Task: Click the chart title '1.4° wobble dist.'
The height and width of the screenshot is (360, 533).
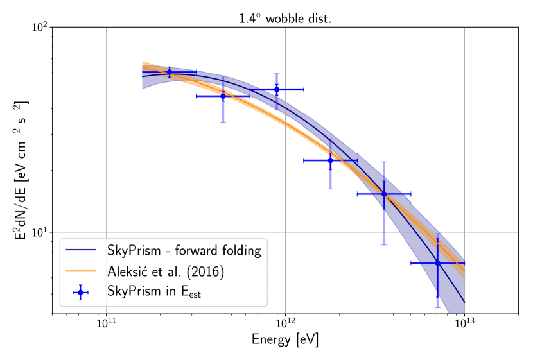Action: (x=284, y=19)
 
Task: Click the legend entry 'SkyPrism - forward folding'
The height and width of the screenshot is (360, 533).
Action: (x=184, y=250)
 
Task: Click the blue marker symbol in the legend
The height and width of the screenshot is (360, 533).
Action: (x=80, y=292)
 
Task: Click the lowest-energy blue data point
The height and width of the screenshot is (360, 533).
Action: (x=170, y=73)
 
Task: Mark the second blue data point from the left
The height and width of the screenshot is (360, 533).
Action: (x=223, y=96)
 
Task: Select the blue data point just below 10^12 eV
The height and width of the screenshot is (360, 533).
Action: (x=277, y=90)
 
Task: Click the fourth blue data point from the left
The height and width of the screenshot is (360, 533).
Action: (x=330, y=160)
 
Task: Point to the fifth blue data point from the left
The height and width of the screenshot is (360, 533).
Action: (x=384, y=194)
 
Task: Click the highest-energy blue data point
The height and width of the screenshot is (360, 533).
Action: (x=437, y=263)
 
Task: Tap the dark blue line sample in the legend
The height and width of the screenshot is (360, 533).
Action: (x=80, y=250)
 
